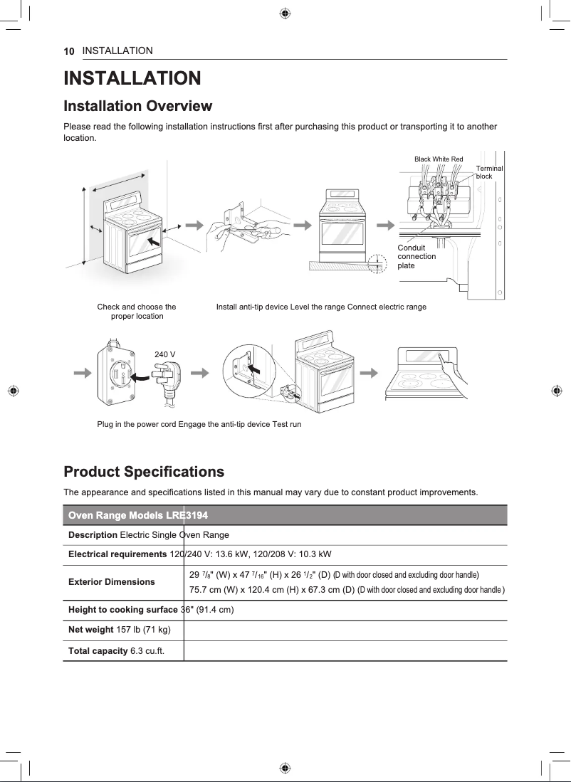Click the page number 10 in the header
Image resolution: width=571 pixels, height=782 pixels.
coord(69,51)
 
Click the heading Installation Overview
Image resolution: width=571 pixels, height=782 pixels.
coord(137,107)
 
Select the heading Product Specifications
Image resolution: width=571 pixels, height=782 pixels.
coord(144,472)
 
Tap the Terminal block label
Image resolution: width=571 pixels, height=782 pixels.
coord(488,172)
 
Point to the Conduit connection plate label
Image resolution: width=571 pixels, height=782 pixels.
coord(417,257)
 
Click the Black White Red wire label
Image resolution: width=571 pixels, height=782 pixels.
coord(439,159)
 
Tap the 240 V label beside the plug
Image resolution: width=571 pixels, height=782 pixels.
coord(165,354)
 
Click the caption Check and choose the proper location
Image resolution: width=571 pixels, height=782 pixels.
coord(137,312)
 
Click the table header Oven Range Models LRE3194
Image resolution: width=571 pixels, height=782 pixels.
coord(137,515)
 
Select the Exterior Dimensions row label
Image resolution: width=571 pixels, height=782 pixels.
coord(111,582)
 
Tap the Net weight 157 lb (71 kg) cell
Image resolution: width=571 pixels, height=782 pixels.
coord(118,630)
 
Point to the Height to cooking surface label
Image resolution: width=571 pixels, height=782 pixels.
coord(122,610)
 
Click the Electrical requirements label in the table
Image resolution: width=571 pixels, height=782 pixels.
coord(117,554)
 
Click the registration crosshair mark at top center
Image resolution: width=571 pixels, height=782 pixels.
coord(285,13)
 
